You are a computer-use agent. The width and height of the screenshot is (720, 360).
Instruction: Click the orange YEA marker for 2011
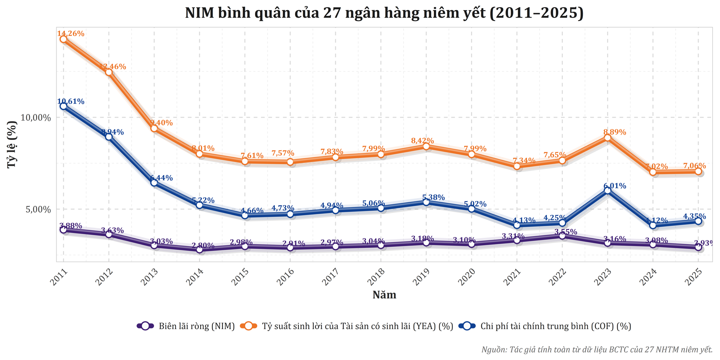(x=63, y=39)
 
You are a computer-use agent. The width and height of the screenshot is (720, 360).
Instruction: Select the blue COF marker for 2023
(x=607, y=190)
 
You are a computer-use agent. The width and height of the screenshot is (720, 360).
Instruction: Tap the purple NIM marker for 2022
(x=562, y=235)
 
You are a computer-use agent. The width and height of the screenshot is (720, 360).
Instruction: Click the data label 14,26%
(x=71, y=33)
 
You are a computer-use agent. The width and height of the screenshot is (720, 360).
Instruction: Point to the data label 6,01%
(x=615, y=186)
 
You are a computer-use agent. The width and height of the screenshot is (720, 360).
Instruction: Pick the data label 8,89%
(x=615, y=132)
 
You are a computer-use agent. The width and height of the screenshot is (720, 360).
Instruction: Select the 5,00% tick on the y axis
(x=38, y=209)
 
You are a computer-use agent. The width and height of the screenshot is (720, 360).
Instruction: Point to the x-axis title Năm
(x=384, y=295)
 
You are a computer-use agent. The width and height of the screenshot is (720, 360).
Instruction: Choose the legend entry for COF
(x=555, y=326)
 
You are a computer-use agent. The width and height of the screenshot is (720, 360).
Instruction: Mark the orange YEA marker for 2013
(x=154, y=128)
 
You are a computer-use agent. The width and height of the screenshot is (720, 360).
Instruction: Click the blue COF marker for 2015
(x=245, y=215)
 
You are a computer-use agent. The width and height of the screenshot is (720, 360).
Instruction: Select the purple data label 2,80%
(x=203, y=246)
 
